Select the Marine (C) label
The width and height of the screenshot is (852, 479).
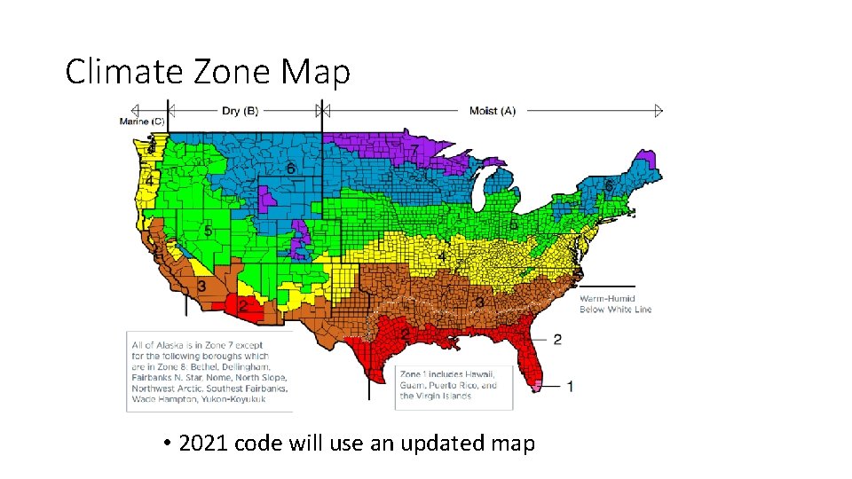[142, 122]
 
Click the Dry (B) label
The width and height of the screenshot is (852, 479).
[240, 111]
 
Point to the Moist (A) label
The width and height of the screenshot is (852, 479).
[492, 111]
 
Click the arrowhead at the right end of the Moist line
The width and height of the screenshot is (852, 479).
[659, 111]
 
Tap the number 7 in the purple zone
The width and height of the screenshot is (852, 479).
[414, 152]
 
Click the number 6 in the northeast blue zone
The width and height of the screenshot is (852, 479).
[609, 185]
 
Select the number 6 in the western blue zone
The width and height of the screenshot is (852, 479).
[291, 168]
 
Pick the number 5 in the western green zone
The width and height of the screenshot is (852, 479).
[208, 231]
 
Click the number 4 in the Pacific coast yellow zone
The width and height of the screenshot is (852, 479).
[150, 181]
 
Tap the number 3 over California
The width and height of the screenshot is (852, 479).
[202, 287]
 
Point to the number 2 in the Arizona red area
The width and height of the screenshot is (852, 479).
[242, 306]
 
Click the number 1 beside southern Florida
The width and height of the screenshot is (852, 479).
[569, 386]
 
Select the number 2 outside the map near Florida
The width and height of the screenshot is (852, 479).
[557, 339]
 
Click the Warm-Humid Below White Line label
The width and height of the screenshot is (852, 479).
[615, 304]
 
